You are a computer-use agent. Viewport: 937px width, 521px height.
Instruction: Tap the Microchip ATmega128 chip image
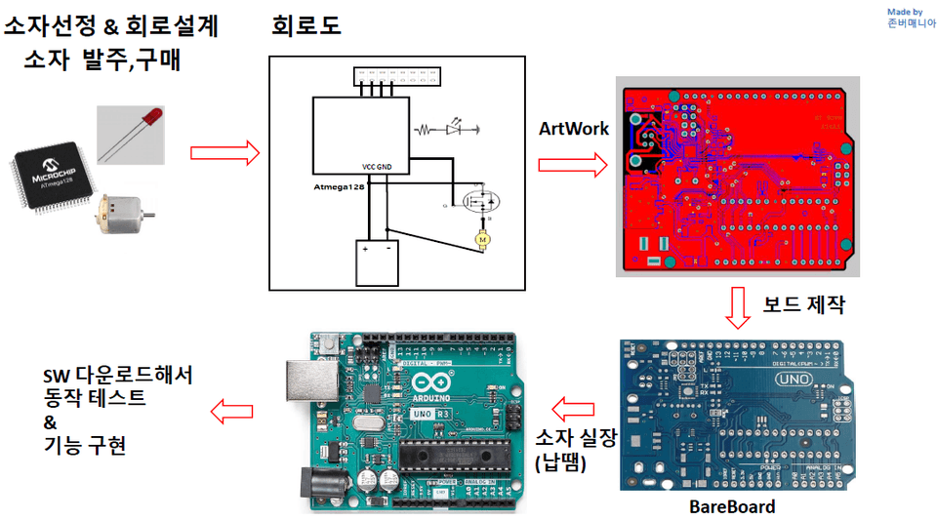tap(55, 178)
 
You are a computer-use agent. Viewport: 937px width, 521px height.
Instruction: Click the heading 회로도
tap(306, 26)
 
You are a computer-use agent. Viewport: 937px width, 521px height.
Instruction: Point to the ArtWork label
tap(574, 129)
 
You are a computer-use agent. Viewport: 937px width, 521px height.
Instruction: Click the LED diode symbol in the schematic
tap(454, 128)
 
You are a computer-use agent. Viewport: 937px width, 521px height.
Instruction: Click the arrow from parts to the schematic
tap(224, 153)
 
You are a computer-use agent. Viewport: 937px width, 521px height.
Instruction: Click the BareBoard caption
tap(731, 507)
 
